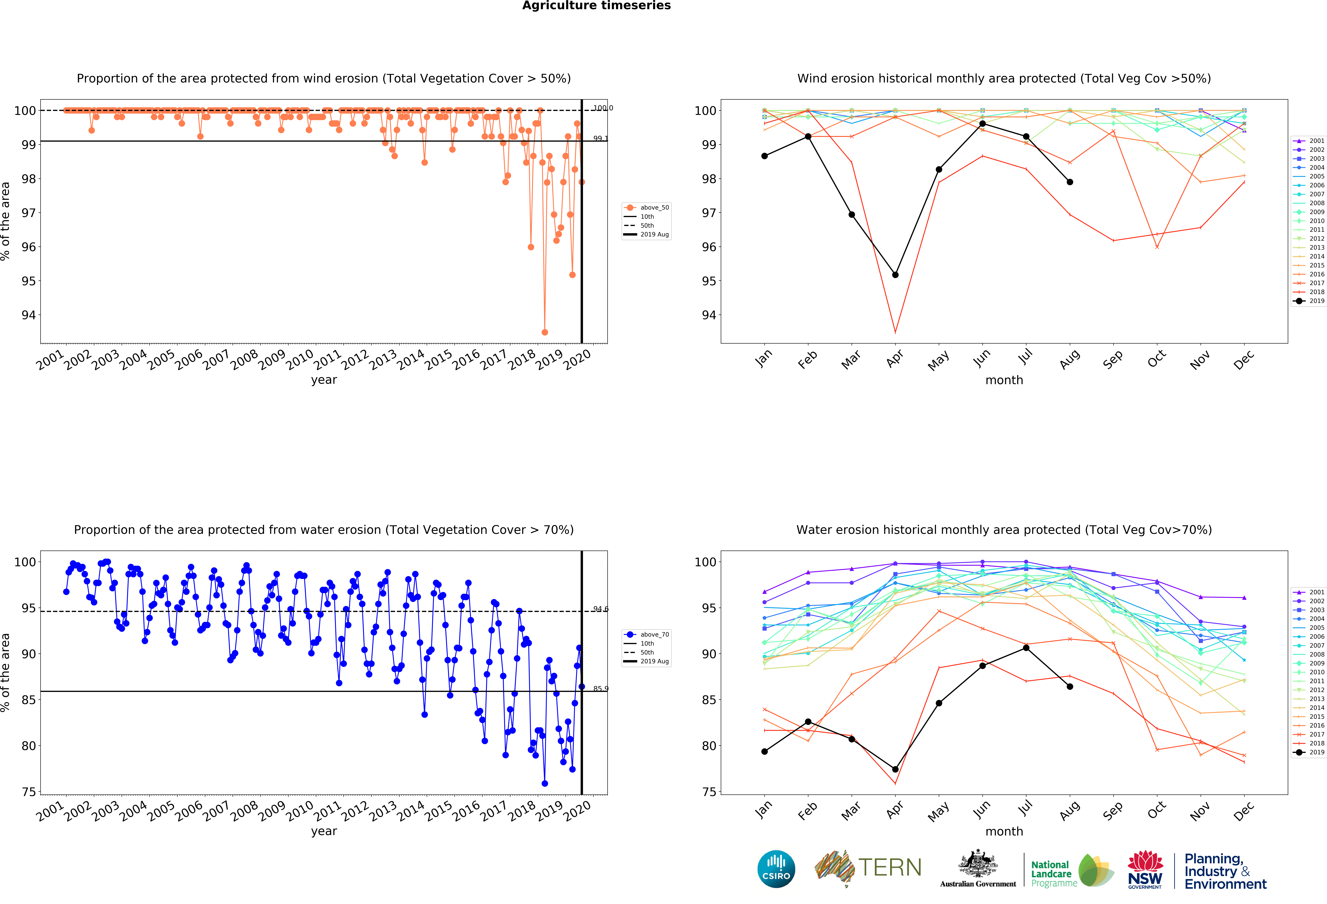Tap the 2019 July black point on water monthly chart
(1026, 648)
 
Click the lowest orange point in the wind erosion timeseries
(545, 332)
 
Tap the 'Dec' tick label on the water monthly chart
(1244, 810)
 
